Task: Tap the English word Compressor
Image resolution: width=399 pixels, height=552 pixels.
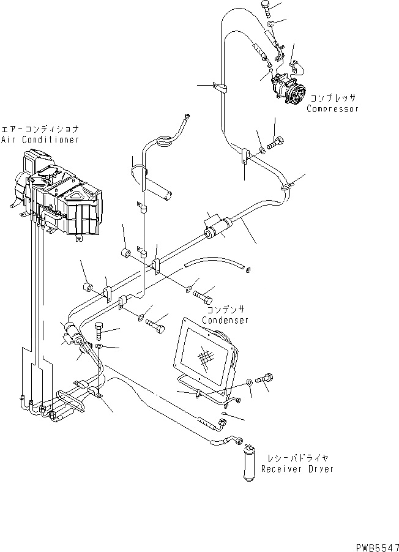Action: (333, 109)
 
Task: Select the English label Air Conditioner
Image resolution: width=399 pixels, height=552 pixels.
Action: (40, 140)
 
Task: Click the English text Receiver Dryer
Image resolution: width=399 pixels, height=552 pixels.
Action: (297, 469)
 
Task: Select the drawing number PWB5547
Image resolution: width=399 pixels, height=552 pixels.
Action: (375, 543)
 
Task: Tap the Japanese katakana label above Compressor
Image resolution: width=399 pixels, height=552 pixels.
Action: (332, 98)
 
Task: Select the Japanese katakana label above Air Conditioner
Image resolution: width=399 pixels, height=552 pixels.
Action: (40, 130)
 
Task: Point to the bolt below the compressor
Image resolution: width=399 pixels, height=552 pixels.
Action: (275, 144)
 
